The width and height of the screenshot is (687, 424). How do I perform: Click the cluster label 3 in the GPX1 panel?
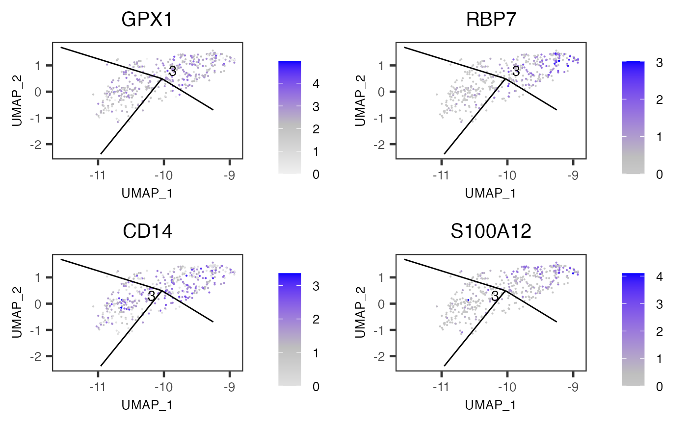point(172,72)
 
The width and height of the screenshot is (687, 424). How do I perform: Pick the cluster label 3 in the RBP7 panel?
point(516,72)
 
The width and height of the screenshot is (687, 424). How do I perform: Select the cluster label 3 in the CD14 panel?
point(152,296)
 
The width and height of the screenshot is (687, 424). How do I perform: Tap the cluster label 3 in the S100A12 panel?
point(495,296)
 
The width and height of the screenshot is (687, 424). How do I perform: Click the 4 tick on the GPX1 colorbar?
point(315,84)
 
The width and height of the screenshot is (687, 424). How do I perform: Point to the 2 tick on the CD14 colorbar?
point(315,320)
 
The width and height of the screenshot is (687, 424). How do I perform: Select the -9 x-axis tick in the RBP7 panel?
point(573,176)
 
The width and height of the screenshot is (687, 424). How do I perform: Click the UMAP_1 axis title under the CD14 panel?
point(147,405)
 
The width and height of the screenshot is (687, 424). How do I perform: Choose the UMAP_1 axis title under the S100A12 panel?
point(491,405)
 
